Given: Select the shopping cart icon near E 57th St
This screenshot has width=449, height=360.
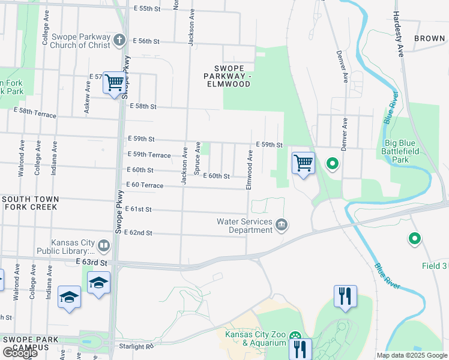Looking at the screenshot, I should (x=113, y=83).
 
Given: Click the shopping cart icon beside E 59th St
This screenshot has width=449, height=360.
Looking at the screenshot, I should (x=303, y=163).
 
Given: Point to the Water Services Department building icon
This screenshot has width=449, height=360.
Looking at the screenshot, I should (x=282, y=226).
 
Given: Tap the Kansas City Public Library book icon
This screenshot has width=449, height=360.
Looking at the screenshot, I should (x=104, y=245).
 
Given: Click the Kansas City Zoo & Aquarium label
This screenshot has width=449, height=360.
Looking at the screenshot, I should (x=255, y=338).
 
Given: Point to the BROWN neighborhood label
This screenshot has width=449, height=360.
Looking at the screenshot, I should (x=429, y=38).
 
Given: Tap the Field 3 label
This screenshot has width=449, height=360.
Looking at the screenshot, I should (x=435, y=266).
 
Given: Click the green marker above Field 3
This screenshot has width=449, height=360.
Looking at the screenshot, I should (x=414, y=239).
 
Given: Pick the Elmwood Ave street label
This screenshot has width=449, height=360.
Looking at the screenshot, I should (x=249, y=170).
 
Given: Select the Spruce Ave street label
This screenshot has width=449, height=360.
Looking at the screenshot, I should (x=197, y=158).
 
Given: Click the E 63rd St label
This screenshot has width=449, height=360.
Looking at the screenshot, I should (x=91, y=263).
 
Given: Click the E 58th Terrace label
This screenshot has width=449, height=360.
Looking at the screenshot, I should (x=35, y=111).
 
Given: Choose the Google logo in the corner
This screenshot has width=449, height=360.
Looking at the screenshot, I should (x=19, y=353).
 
